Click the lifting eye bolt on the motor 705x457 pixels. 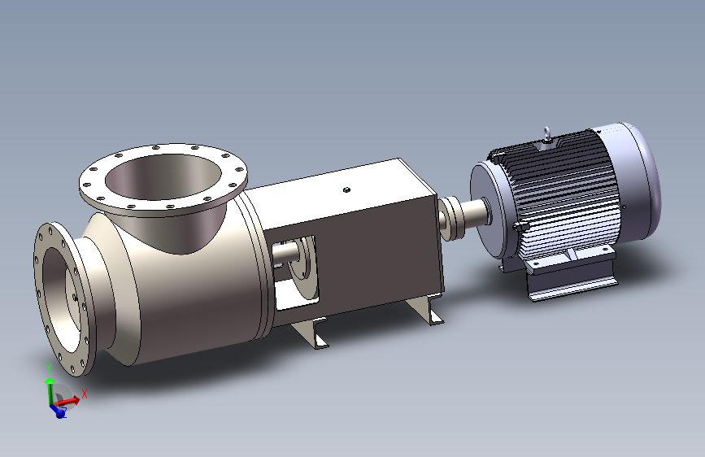tap(546, 134)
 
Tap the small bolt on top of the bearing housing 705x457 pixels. tap(346, 189)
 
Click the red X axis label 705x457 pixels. tap(84, 394)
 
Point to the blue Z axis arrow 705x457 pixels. tap(57, 410)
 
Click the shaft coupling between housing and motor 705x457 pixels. tap(450, 219)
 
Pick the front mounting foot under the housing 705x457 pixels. tap(311, 333)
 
